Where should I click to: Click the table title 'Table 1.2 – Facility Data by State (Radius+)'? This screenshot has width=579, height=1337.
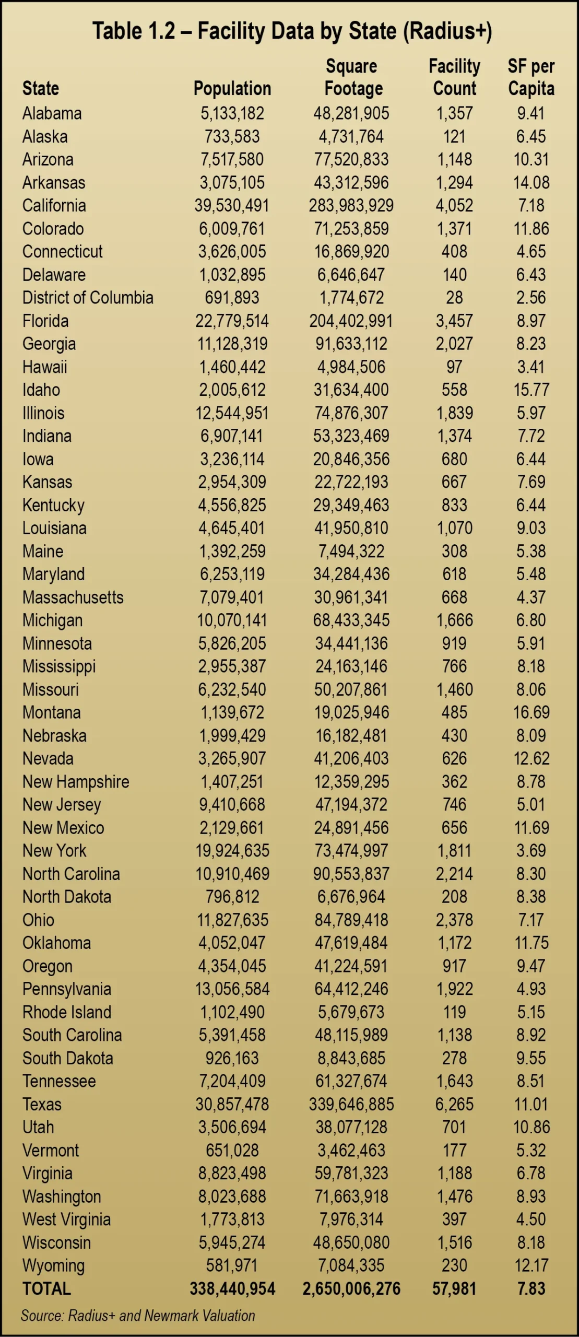click(292, 31)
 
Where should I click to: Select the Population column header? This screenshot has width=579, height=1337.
click(232, 89)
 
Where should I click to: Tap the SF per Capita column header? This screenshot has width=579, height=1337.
click(531, 77)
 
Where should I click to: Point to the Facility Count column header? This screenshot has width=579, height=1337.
click(454, 77)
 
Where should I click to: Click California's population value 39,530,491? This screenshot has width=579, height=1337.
click(232, 206)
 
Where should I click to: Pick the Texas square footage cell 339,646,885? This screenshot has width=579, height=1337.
click(351, 1104)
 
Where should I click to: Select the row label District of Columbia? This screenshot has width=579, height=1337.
click(88, 298)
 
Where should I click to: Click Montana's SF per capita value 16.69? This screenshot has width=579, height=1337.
click(531, 712)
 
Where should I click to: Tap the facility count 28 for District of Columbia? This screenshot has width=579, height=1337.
click(454, 298)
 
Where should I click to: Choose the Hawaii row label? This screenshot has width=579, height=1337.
click(45, 367)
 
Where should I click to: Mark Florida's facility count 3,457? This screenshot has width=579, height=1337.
click(454, 321)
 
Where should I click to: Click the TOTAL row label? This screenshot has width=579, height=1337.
click(46, 1288)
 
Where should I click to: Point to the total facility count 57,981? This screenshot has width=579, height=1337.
click(454, 1288)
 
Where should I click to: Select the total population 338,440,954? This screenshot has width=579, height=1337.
click(232, 1288)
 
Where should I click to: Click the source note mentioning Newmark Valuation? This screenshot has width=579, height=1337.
click(138, 1315)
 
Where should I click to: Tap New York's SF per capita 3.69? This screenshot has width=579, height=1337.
click(531, 851)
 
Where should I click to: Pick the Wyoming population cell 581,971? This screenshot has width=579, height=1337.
click(232, 1265)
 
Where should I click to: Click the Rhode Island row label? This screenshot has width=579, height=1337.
click(67, 1012)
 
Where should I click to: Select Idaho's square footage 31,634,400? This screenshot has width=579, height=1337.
click(351, 390)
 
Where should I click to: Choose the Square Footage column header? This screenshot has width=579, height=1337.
click(353, 77)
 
